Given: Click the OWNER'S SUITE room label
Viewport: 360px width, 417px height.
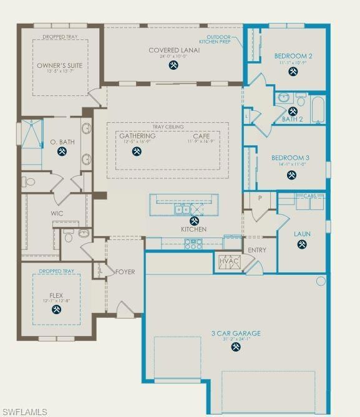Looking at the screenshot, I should [59, 65].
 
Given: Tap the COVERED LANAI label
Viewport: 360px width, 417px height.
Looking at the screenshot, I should [174, 50].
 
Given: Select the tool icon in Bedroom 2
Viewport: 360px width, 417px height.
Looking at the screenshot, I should [293, 72].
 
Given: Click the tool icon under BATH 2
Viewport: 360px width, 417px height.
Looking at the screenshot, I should [293, 112].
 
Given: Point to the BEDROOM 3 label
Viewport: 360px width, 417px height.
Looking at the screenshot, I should [291, 158].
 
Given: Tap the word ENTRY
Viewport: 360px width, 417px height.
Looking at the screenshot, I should [257, 251].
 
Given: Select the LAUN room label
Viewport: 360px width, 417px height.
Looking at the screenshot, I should [303, 234].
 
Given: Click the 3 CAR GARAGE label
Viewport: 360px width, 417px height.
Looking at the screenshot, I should [235, 333].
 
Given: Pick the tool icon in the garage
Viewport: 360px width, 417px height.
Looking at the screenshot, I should [235, 347].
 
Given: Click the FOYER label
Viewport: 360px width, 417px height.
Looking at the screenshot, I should [125, 272].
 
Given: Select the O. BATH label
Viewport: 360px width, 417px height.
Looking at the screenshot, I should [62, 142].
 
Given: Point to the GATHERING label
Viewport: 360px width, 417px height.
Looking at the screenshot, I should [137, 136].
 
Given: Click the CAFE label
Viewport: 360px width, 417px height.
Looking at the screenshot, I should [201, 136].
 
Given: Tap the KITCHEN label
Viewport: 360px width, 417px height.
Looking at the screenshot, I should [193, 229].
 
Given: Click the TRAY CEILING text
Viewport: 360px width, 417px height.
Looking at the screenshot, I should [168, 127].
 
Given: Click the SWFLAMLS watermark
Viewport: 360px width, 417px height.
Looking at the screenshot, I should [24, 411].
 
